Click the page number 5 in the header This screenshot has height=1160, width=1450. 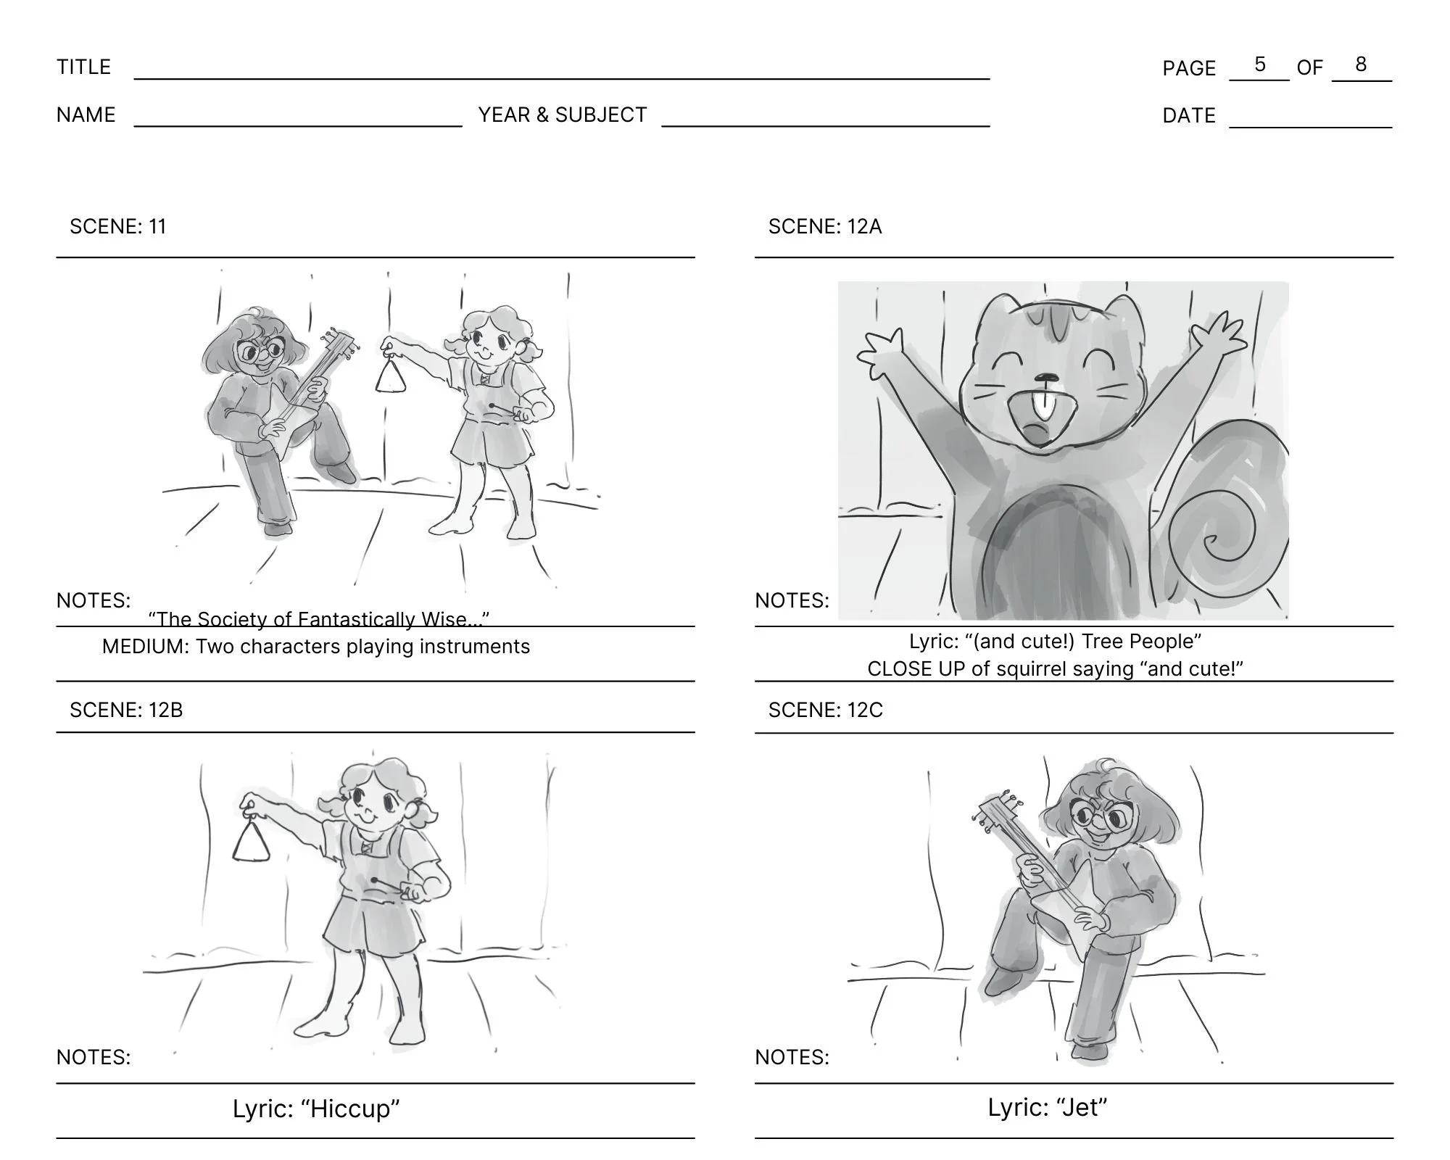pyautogui.click(x=1260, y=65)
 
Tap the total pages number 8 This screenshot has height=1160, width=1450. pyautogui.click(x=1361, y=65)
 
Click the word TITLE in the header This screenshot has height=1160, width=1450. pyautogui.click(x=84, y=67)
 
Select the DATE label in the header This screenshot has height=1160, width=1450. pyautogui.click(x=1189, y=115)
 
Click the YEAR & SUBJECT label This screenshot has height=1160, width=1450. pyautogui.click(x=563, y=115)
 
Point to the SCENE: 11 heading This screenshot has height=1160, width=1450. pyautogui.click(x=118, y=226)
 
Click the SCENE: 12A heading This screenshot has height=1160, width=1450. pyautogui.click(x=825, y=226)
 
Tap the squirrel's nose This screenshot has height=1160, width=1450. pyautogui.click(x=1045, y=378)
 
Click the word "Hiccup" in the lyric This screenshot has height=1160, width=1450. pyautogui.click(x=350, y=1109)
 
